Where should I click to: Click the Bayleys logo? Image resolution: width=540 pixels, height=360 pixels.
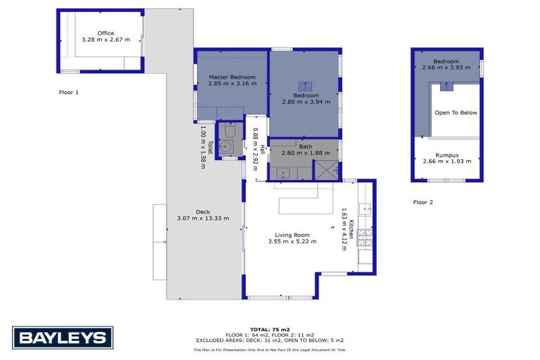(x=62, y=337)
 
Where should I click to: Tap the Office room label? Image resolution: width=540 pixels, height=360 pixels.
(x=105, y=33)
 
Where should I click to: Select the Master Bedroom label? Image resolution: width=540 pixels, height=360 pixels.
(x=232, y=77)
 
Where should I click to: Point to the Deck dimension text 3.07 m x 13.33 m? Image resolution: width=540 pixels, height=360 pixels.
(x=202, y=218)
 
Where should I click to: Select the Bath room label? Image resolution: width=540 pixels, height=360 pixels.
(x=305, y=146)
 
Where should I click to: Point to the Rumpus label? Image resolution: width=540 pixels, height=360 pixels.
(x=447, y=155)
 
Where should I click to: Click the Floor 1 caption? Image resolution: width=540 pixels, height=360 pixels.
(x=69, y=92)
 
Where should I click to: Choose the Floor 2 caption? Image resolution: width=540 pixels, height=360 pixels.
(x=423, y=202)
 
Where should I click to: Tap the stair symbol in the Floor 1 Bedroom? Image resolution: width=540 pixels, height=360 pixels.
(x=304, y=86)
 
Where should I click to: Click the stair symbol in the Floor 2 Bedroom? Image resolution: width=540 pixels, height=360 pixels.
(x=446, y=86)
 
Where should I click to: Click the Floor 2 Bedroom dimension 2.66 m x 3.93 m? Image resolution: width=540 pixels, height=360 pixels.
(x=446, y=67)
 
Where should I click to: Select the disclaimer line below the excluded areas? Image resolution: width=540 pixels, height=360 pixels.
(x=270, y=349)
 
